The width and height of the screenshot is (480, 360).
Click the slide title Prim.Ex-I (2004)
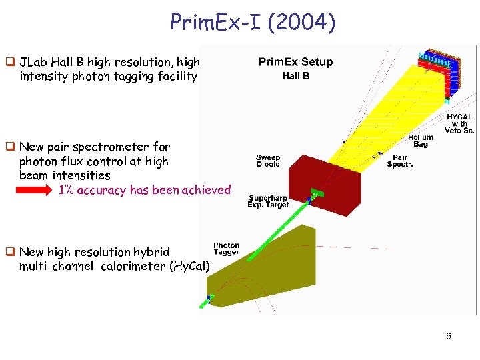point(253,23)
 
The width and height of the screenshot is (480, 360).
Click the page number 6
point(449,336)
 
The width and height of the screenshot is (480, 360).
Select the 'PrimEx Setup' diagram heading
point(295,62)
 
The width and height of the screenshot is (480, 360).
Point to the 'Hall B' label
point(295,76)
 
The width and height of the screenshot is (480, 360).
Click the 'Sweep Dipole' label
point(268,161)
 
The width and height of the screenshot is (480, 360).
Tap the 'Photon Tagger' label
point(226,249)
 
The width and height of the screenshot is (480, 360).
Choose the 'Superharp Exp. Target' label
point(268,201)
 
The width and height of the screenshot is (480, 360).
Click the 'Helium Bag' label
point(421,141)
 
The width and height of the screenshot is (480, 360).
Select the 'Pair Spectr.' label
point(400,161)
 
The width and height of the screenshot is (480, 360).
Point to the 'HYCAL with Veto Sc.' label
point(459,123)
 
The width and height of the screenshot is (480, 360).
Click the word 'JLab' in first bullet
point(34,62)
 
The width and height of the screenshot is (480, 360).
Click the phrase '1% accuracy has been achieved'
point(145,190)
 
